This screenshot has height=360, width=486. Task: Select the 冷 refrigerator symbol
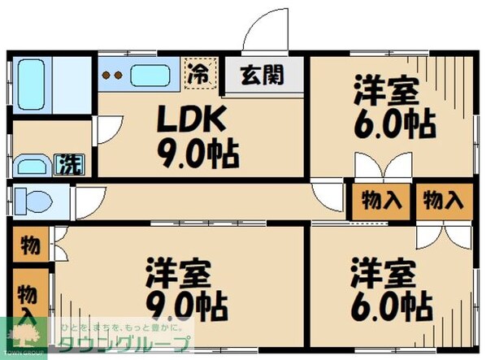coord(199,72)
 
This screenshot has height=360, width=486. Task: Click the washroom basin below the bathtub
coord(33,167)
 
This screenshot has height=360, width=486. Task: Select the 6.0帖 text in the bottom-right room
coord(390,306)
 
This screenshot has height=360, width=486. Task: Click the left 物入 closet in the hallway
coord(379,200)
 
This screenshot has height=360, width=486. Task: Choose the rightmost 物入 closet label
coord(444,200)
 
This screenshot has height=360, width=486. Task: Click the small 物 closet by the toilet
coord(29,243)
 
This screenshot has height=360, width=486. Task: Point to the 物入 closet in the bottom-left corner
coord(28,301)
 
